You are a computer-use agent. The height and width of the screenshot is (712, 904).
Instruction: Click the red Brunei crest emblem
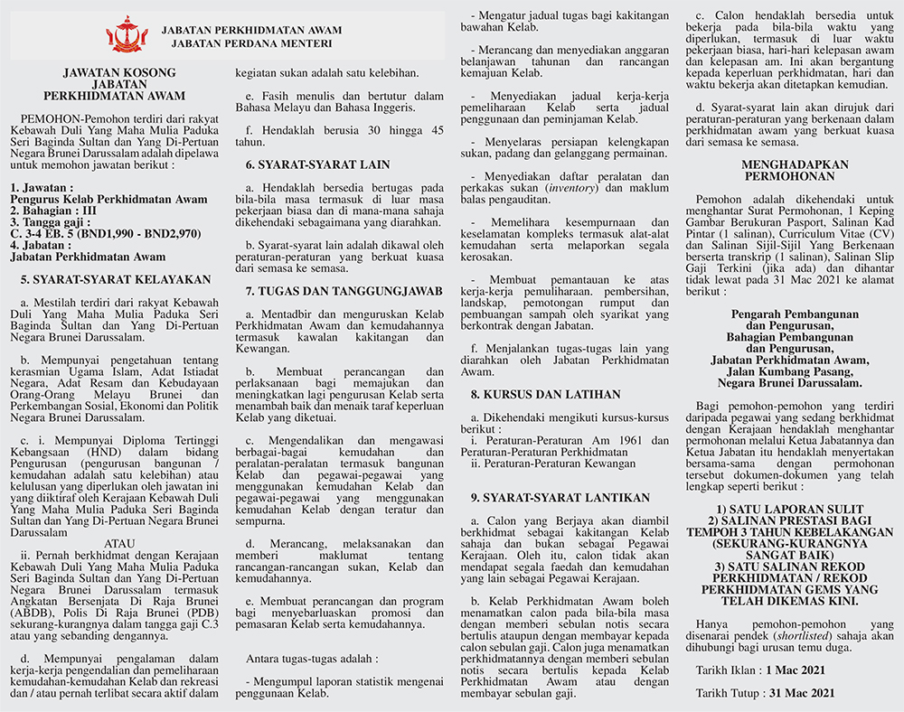(x=127, y=34)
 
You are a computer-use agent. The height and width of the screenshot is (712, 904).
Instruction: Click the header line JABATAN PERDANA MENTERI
(x=247, y=42)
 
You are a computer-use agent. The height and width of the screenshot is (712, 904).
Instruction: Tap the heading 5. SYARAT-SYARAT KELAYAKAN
(x=115, y=279)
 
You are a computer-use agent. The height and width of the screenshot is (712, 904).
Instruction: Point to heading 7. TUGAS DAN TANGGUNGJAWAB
(x=344, y=291)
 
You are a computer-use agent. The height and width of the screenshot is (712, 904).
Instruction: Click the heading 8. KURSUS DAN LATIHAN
(x=545, y=395)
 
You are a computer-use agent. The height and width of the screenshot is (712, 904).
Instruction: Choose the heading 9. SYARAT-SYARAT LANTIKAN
(x=560, y=497)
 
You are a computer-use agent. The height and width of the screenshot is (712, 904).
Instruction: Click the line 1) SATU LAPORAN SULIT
(x=791, y=509)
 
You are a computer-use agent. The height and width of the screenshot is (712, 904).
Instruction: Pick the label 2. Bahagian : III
(x=48, y=211)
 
